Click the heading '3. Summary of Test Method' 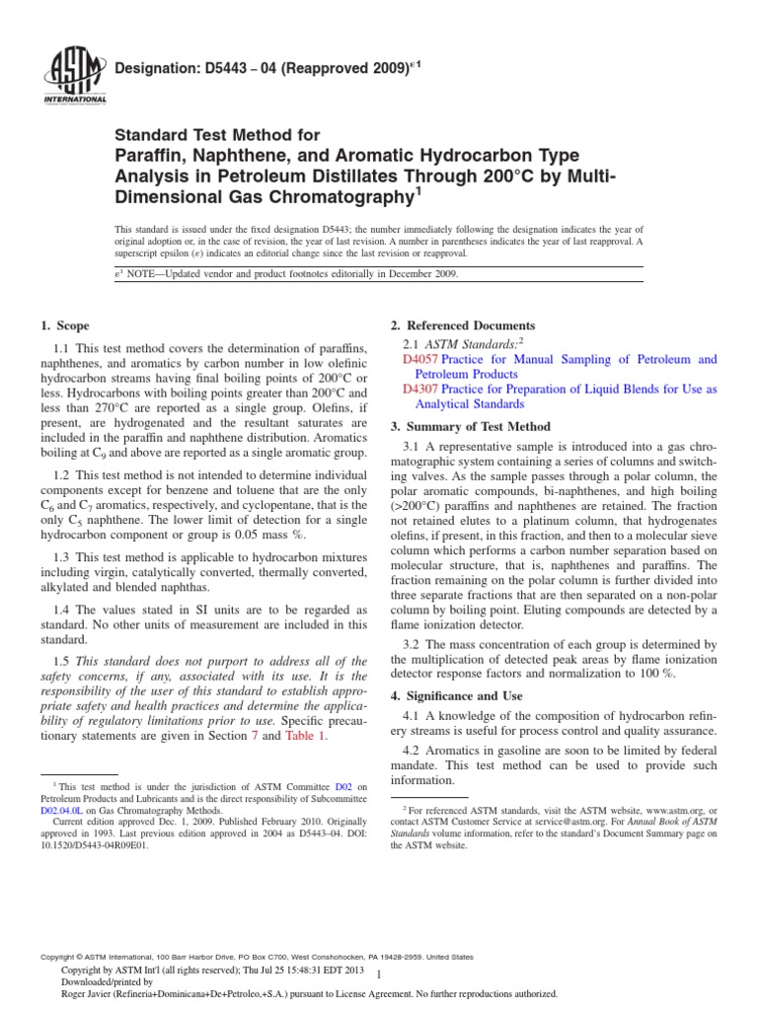(x=470, y=426)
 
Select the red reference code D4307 (x=420, y=390)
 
